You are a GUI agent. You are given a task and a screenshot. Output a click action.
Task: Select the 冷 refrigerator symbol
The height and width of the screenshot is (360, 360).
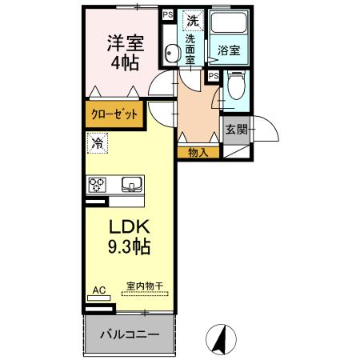click(97, 145)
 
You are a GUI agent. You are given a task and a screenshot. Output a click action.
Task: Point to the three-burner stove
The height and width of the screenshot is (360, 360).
click(98, 185)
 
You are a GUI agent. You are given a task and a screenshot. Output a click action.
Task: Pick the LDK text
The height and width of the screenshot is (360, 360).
click(129, 226)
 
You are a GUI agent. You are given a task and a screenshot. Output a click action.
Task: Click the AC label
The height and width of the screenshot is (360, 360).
click(99, 290)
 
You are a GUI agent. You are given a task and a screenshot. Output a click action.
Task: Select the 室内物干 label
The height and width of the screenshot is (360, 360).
click(144, 286)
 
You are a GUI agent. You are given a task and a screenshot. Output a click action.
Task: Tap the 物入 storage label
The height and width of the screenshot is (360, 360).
click(198, 152)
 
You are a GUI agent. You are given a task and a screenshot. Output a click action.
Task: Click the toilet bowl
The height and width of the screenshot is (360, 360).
click(235, 82)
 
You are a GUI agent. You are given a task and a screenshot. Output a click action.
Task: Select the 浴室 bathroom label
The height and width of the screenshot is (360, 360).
click(228, 50)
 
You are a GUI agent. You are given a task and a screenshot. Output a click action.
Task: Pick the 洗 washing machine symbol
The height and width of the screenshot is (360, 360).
click(192, 20)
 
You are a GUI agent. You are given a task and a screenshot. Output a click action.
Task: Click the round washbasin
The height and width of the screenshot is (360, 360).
click(170, 54)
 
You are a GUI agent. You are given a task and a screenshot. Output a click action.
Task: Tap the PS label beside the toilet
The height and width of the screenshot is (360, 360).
click(213, 76)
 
